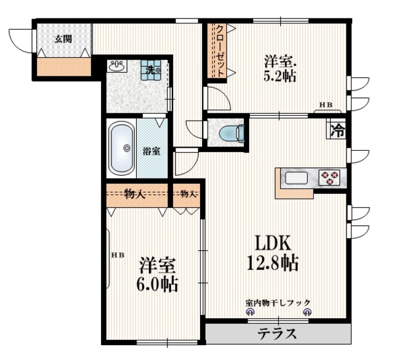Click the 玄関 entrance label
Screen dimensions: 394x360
(63, 39)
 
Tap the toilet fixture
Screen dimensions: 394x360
(231, 132)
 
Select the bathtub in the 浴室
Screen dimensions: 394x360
(122, 148)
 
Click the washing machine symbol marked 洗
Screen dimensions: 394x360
(150, 70)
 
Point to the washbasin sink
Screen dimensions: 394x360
(117, 66)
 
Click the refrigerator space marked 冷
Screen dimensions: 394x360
(336, 130)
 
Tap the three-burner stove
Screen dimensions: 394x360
(329, 178)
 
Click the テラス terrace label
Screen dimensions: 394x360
(277, 334)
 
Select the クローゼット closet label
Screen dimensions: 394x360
(220, 50)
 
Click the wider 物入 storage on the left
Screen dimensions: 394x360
(137, 195)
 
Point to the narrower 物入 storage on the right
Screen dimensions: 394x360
(187, 195)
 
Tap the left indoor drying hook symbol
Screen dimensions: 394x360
(250, 312)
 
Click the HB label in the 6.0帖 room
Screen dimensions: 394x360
(118, 255)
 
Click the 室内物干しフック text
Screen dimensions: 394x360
(278, 302)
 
